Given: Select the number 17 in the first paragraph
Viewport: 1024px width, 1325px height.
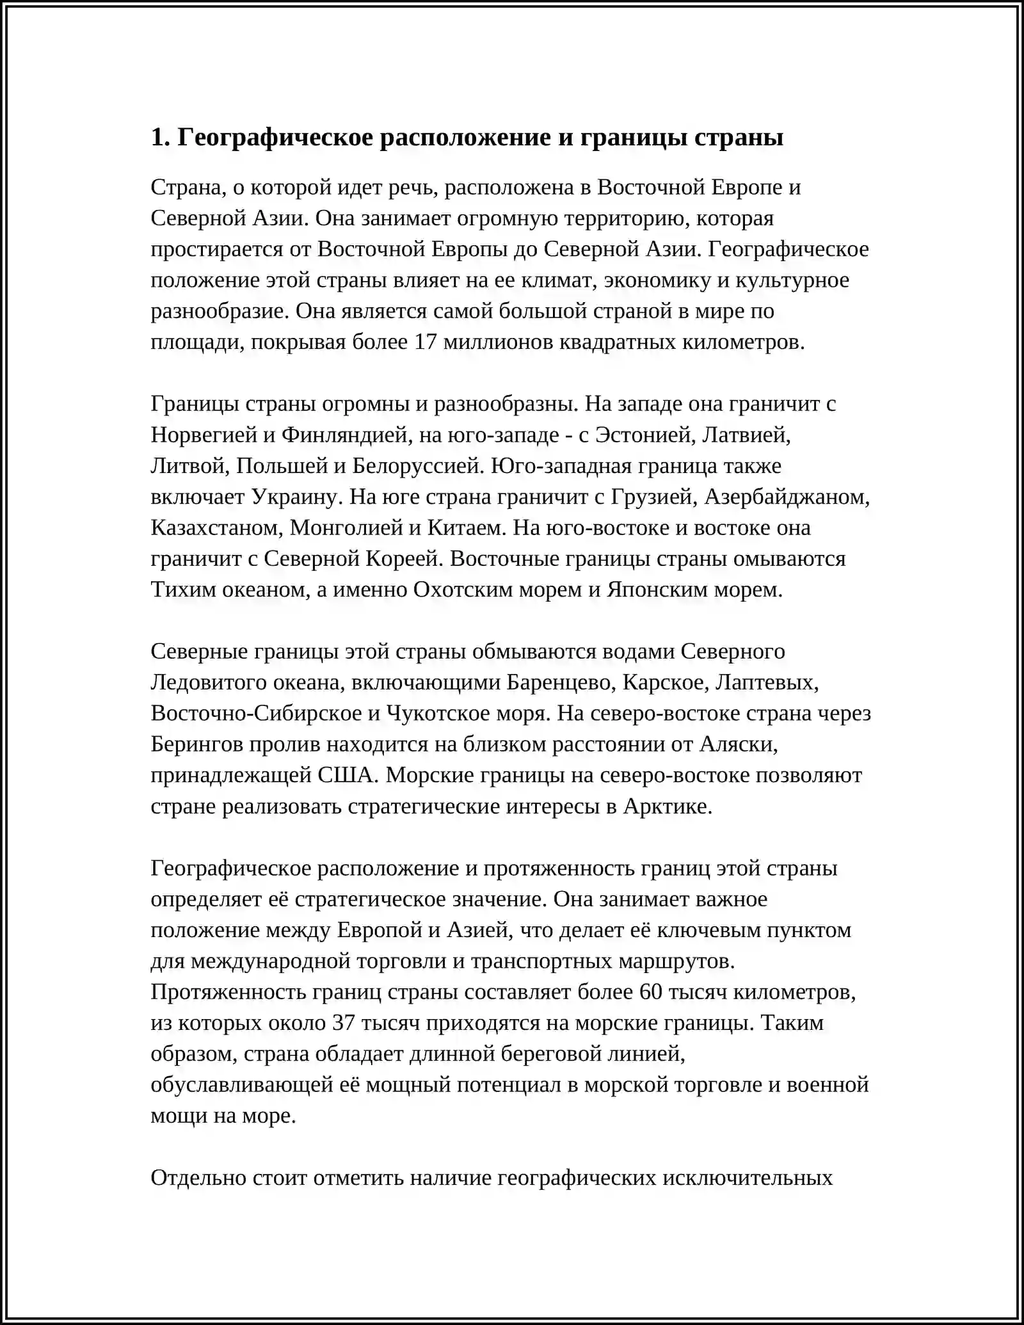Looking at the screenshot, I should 426,342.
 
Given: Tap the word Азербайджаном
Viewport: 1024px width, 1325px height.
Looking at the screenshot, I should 787,497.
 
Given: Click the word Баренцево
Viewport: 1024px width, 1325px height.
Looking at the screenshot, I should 559,683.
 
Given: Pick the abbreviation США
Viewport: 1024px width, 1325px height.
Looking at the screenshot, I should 345,775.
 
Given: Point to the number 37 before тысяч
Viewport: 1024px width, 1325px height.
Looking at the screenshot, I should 344,1023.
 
